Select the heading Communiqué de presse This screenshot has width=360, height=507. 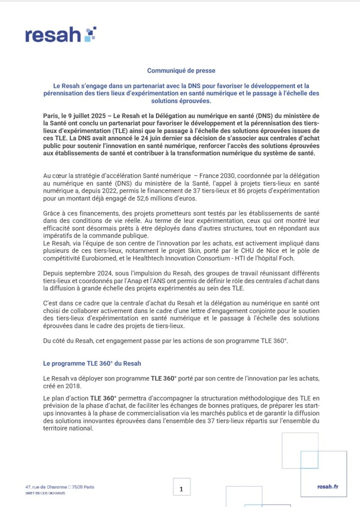pos(181,71)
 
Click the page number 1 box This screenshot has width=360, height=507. pos(181,489)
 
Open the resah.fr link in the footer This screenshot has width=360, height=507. pos(327,487)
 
